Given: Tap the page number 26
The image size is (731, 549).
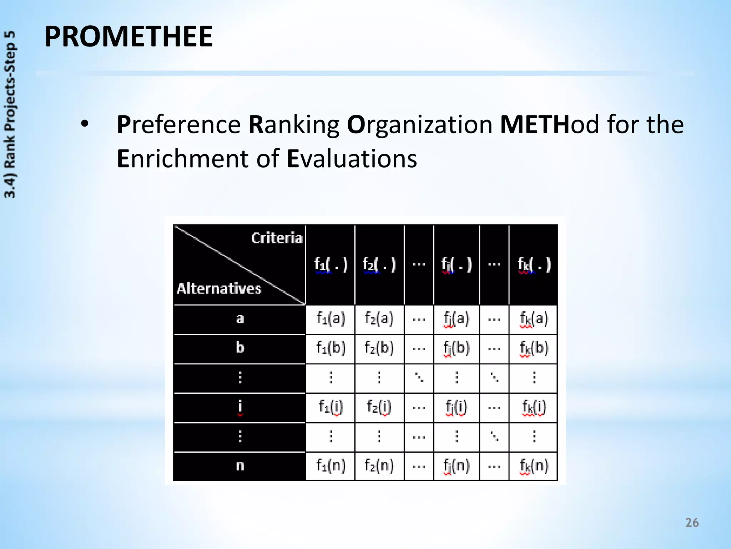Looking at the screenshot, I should coord(692,523).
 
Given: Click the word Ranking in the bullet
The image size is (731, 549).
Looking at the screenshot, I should coord(294,125).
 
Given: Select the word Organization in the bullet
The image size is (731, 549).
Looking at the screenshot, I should coord(420,125).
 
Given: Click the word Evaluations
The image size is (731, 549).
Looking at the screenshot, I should coord(352,158).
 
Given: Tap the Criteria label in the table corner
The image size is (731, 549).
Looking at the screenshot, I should coord(277,238).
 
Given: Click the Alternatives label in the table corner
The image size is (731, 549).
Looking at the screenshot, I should coord(219,288).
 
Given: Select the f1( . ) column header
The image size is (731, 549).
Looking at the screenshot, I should coord(331,265).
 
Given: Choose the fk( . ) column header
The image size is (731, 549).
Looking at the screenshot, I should coord(534,265).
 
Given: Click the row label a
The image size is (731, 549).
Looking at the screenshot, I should coord(240,318).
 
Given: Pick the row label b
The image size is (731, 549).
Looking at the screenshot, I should coord(240,347).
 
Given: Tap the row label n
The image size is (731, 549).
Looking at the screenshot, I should coord(240,466).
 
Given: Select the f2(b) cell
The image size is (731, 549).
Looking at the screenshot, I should coord(379,347).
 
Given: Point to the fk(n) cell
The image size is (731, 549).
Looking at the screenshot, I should coord(534,466).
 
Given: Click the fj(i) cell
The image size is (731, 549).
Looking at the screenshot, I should coord(456,407).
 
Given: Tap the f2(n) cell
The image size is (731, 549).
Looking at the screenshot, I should coord(379,466).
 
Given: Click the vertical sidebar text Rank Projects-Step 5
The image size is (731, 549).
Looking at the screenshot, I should coord(10,114).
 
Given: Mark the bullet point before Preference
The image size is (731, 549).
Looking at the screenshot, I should coord(85,125).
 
